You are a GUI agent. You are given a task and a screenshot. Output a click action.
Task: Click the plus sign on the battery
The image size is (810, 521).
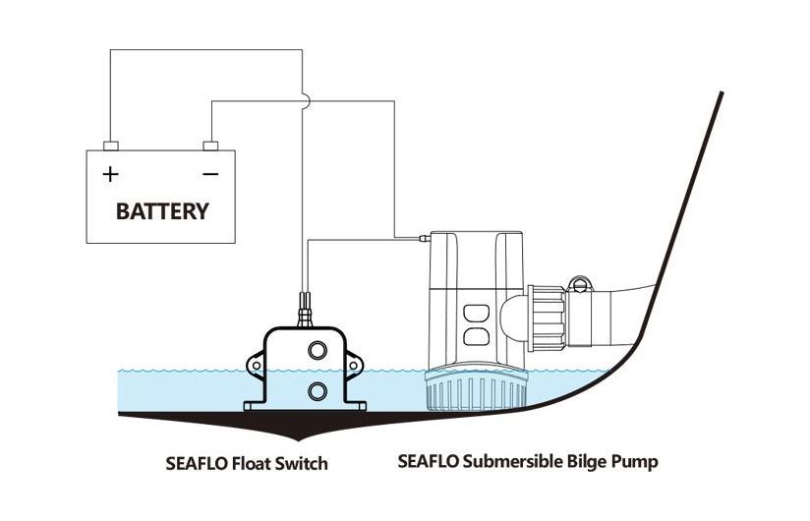coord(111,175)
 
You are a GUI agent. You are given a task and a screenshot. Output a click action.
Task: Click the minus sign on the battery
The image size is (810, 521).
coord(209,175)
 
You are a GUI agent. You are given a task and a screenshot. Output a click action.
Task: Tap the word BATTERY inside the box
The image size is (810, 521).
coord(162,210)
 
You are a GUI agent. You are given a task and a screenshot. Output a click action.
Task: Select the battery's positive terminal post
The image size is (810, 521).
coord(111,145)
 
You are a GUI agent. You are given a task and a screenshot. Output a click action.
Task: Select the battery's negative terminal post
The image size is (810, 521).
coord(209,145)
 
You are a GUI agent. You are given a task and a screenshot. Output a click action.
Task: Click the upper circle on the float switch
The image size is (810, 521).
coord(318,351)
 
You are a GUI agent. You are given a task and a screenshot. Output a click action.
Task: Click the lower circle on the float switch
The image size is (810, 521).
coord(318,390)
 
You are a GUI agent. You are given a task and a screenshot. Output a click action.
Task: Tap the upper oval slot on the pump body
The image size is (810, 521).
coord(476,316)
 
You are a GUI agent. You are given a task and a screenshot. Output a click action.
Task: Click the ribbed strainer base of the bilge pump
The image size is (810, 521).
coord(472,393)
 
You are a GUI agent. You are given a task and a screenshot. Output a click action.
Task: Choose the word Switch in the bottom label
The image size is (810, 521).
coord(302,461)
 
